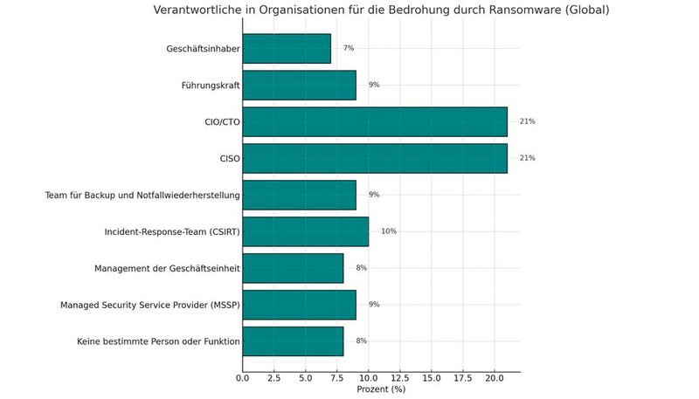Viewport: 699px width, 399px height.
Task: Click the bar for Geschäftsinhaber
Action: coord(287,48)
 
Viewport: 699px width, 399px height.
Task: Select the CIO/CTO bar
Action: coord(375,121)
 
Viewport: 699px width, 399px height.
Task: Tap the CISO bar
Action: coord(375,158)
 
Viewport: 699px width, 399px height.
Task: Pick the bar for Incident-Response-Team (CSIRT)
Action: coord(306,231)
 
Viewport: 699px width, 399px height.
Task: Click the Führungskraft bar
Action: coord(299,85)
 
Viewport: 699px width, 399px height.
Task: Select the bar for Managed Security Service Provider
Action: coord(299,305)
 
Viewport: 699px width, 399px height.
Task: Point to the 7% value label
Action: coord(349,48)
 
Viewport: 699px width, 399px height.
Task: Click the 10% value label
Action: coord(389,231)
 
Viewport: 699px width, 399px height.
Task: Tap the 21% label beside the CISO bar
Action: coord(527,158)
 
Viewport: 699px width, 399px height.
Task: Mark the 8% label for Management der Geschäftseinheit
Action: coord(361,268)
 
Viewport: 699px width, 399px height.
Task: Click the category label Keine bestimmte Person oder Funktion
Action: coord(158,341)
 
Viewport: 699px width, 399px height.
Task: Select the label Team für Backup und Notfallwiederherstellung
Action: coord(142,195)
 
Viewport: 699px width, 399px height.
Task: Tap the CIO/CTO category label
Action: coord(217,121)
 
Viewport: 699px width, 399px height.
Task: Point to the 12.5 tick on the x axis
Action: coord(400,379)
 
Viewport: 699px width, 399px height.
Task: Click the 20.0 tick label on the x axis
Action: coord(495,379)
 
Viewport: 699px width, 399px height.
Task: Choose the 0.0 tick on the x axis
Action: coord(243,379)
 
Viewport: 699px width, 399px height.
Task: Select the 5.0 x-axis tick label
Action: coord(306,379)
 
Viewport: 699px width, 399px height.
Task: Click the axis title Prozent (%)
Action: coord(381,389)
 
